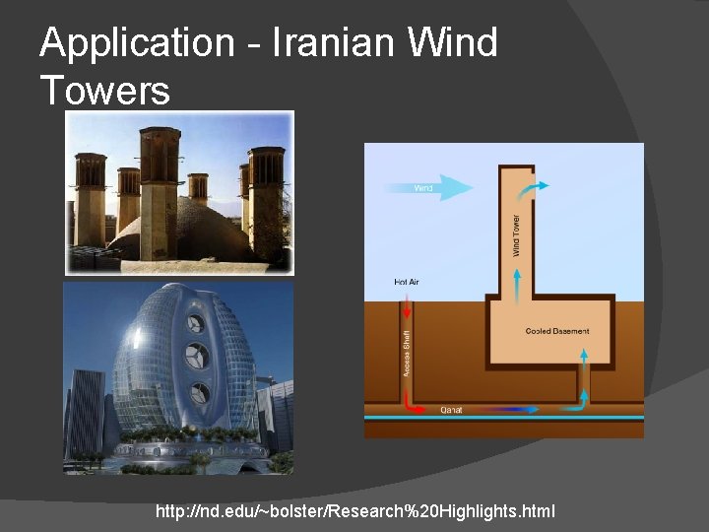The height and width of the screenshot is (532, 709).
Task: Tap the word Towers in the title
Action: click(105, 91)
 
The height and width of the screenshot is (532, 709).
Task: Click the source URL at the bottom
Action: click(354, 511)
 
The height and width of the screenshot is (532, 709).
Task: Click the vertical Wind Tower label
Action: click(516, 236)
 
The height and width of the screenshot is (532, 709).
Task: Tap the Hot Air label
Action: click(407, 283)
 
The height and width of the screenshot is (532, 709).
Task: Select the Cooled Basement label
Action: click(557, 331)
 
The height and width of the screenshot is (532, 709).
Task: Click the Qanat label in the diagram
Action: click(452, 409)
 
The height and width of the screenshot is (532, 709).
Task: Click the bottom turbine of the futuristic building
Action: click(200, 391)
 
